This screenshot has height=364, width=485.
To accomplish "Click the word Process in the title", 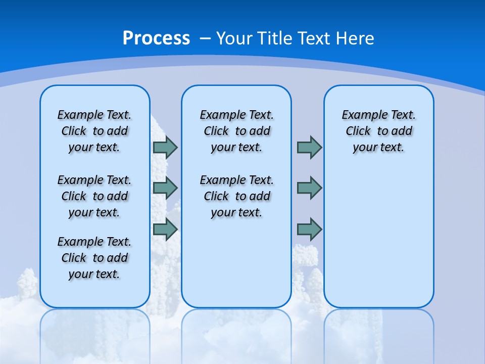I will click(156, 38).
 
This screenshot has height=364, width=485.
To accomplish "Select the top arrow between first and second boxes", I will click(165, 147).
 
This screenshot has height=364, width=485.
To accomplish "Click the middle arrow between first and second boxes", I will click(165, 188).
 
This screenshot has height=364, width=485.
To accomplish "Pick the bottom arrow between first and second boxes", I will click(165, 229).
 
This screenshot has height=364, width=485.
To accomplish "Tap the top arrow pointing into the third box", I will click(309, 147).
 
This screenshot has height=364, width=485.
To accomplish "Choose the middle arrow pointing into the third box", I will click(309, 188).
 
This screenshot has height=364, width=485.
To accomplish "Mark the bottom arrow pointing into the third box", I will click(309, 229).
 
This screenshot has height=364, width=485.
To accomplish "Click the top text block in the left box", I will click(94, 131).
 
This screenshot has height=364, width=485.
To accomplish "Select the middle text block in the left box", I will click(94, 196).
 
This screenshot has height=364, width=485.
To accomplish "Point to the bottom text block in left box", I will click(94, 258).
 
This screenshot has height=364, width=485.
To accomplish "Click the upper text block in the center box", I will click(237, 131).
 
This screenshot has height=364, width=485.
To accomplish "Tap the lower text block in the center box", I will click(237, 196).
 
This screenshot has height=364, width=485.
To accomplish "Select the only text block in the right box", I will click(379, 131).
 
